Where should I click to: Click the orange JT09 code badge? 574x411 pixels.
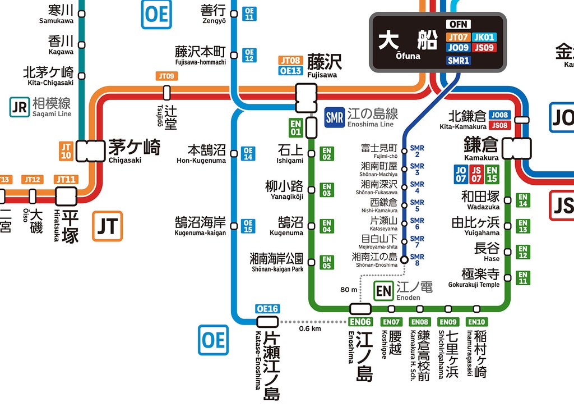166,76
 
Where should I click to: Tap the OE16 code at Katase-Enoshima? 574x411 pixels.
267,309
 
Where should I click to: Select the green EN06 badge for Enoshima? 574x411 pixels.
360,322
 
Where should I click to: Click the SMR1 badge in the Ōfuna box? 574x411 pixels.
459,60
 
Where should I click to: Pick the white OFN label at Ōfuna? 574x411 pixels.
458,25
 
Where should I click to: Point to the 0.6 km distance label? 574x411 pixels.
309,329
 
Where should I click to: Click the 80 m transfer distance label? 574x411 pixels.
348,290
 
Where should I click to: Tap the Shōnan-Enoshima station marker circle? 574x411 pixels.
404,259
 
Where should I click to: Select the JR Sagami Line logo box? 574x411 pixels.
19,107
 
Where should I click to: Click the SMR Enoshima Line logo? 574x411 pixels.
334,117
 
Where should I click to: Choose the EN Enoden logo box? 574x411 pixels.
383,290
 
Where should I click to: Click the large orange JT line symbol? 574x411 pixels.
108,226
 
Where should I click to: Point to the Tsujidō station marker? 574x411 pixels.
166,93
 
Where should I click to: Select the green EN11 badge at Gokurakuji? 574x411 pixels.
522,277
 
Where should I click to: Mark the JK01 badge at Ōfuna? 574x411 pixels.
484,37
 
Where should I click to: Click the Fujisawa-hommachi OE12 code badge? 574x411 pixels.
249,55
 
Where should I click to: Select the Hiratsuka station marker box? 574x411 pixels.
66,196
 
